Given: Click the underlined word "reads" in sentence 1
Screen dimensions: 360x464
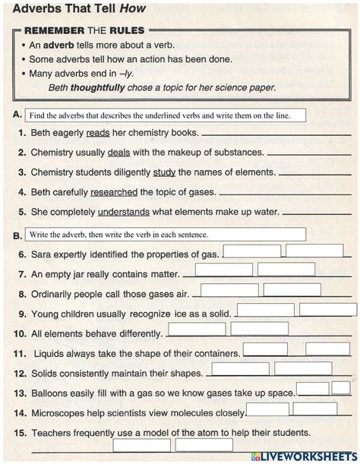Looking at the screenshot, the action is (x=99, y=132).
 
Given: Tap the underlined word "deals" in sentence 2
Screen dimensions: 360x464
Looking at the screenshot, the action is (x=119, y=152).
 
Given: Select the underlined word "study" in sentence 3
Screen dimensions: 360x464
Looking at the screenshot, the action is (x=164, y=172).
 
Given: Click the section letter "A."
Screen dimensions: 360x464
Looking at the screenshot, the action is (x=17, y=115).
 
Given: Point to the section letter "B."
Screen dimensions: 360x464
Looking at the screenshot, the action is (x=17, y=235).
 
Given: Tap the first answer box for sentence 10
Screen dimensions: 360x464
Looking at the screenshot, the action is (x=196, y=330).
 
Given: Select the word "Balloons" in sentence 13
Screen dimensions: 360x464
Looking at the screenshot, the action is (x=52, y=393).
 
